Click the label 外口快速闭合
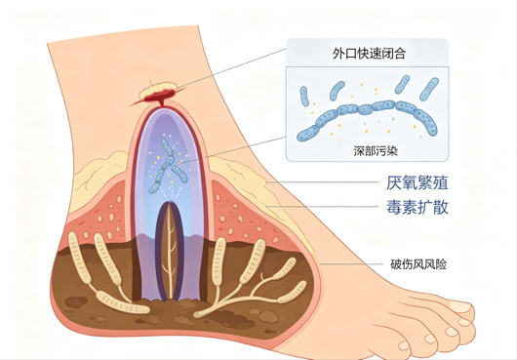(x=369, y=54)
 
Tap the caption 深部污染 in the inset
(x=376, y=151)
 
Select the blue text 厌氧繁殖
(x=418, y=183)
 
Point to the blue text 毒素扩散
(x=418, y=207)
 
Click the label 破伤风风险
(x=418, y=264)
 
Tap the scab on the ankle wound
(x=158, y=91)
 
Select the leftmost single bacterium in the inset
(x=304, y=97)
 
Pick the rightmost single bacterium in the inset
(x=429, y=89)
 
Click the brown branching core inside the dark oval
(x=170, y=251)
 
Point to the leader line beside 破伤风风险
(x=351, y=264)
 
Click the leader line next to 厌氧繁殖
(x=323, y=182)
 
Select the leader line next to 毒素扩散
(x=322, y=207)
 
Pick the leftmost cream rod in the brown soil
(x=79, y=258)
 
